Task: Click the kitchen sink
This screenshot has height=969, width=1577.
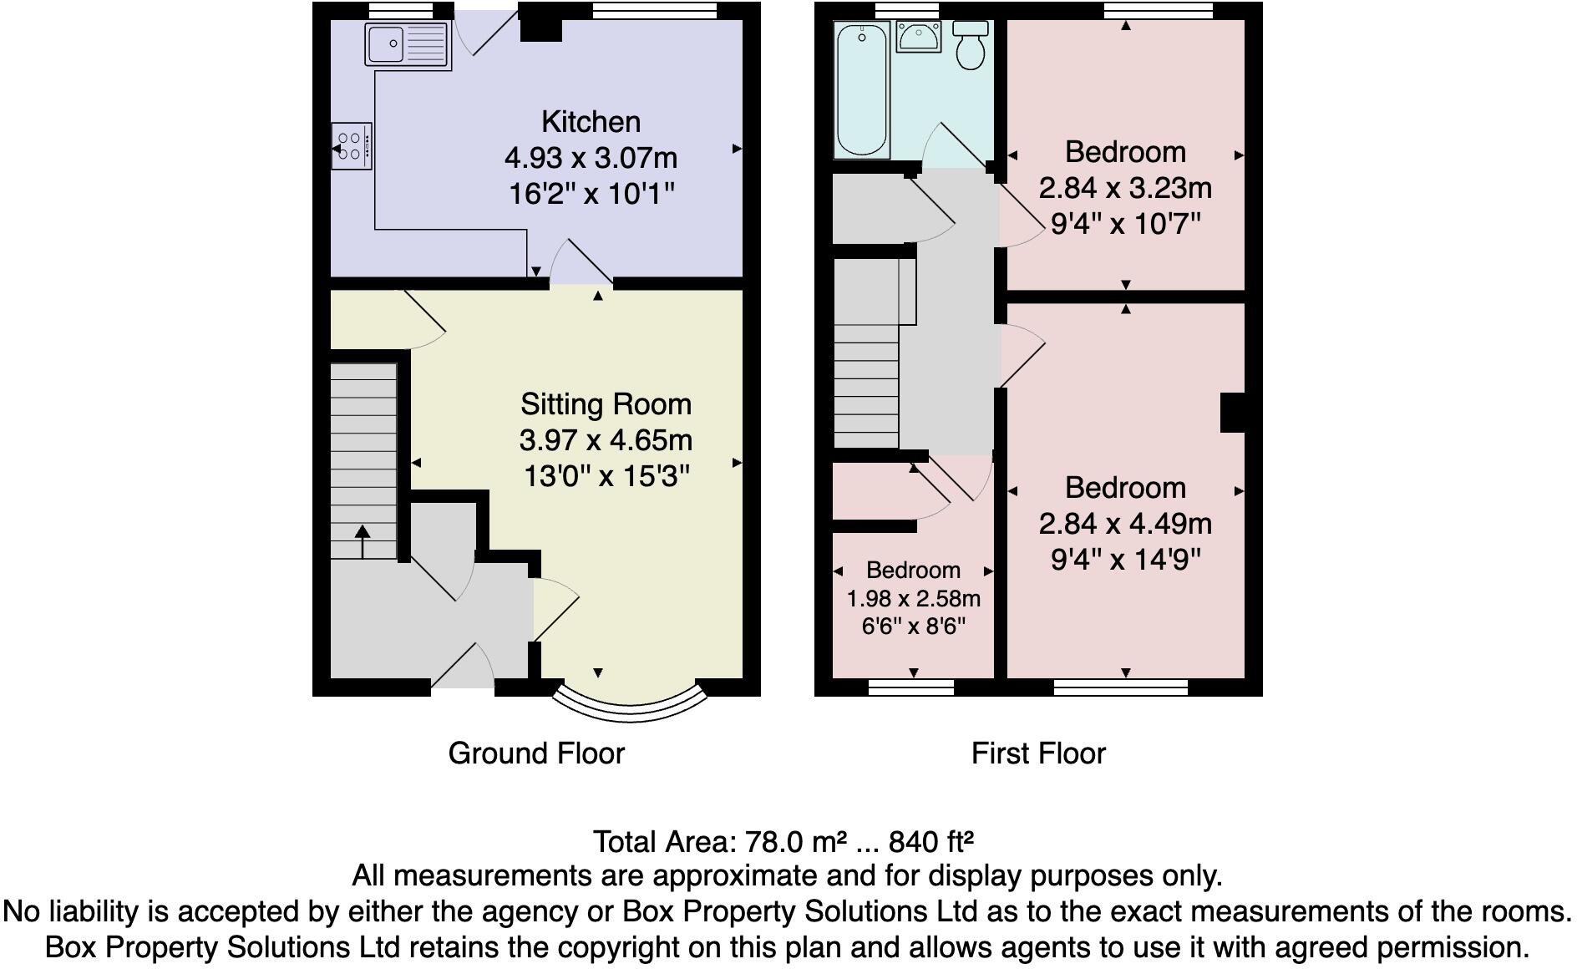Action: click(x=407, y=44)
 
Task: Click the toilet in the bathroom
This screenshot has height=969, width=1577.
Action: click(x=971, y=46)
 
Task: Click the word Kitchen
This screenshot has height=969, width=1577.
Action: click(x=591, y=122)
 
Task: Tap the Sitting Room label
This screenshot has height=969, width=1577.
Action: click(x=606, y=404)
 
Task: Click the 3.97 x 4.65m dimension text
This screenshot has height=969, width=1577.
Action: click(x=606, y=440)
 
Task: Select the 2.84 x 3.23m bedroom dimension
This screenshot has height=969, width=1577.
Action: click(x=1125, y=188)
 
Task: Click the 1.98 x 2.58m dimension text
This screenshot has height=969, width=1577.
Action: click(x=913, y=599)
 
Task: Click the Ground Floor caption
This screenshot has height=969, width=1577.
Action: click(x=536, y=753)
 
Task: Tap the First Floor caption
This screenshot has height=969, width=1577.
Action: click(x=1038, y=753)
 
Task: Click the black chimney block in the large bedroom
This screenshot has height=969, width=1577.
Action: click(x=1233, y=413)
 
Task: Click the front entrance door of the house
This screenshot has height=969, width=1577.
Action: click(x=462, y=667)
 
